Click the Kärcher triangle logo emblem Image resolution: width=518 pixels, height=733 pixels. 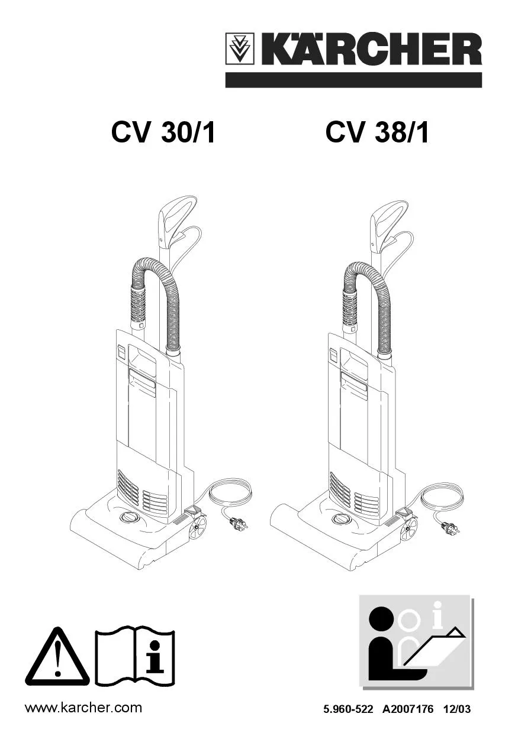point(240,48)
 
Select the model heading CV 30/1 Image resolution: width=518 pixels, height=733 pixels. point(163,133)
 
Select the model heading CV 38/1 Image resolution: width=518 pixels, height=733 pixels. point(377,133)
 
